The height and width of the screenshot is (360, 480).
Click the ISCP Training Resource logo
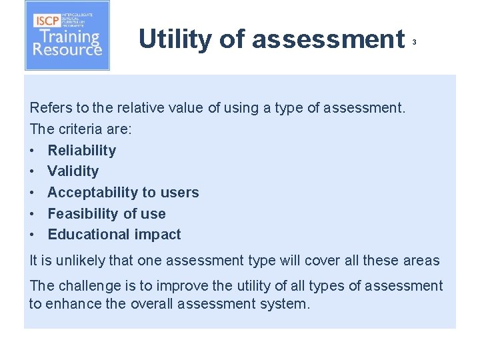tap(67, 36)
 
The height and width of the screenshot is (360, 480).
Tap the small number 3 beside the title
tap(414, 42)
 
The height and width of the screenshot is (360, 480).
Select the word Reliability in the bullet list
tap(81, 150)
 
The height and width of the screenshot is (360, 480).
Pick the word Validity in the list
tap(73, 171)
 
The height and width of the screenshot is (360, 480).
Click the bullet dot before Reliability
tap(33, 151)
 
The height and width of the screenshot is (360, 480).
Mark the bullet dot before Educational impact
tap(33, 235)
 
